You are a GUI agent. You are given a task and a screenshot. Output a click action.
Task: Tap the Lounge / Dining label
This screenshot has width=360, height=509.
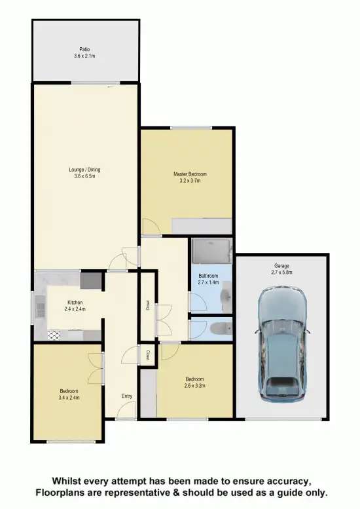[x=84, y=170]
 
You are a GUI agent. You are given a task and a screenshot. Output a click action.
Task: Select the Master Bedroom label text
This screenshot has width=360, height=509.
[x=190, y=174]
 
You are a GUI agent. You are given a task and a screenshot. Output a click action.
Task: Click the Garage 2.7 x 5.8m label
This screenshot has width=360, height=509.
[x=282, y=269]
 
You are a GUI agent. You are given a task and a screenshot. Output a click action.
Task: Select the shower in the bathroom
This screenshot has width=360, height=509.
[x=211, y=250]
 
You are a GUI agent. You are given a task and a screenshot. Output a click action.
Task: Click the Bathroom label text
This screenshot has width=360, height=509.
[x=208, y=276]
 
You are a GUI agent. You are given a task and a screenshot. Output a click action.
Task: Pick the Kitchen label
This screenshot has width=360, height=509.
[x=75, y=303]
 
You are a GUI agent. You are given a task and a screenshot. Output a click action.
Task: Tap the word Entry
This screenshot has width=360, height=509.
[x=127, y=396]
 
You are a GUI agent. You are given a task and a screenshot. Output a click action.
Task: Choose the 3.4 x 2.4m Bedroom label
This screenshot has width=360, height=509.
[x=68, y=394]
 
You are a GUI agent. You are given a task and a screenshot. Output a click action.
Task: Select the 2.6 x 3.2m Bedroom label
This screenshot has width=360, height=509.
[x=194, y=382]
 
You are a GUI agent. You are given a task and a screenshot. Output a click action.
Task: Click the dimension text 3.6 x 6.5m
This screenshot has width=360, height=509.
[x=84, y=177]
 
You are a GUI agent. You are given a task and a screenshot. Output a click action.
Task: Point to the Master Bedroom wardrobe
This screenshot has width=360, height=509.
[x=202, y=226]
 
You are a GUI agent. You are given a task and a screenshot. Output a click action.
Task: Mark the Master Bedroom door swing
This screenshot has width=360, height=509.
[x=150, y=228]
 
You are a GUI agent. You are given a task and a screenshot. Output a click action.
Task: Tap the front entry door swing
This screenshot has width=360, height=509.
[x=126, y=411]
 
